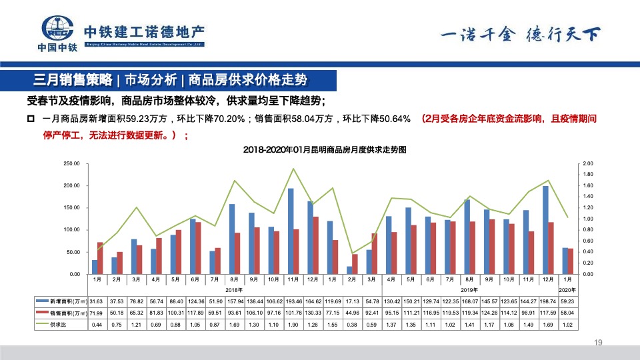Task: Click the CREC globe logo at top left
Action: (57, 29)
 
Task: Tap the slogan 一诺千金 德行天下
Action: (519, 34)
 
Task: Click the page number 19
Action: (597, 343)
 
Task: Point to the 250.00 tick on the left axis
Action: (71, 163)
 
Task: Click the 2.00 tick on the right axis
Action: (587, 163)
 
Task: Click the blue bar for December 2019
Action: (546, 229)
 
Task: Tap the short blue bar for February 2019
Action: (349, 270)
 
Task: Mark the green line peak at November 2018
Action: (293, 169)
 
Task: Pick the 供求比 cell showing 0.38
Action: (352, 324)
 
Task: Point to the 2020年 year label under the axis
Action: (567, 289)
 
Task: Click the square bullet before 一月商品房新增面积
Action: (31, 119)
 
